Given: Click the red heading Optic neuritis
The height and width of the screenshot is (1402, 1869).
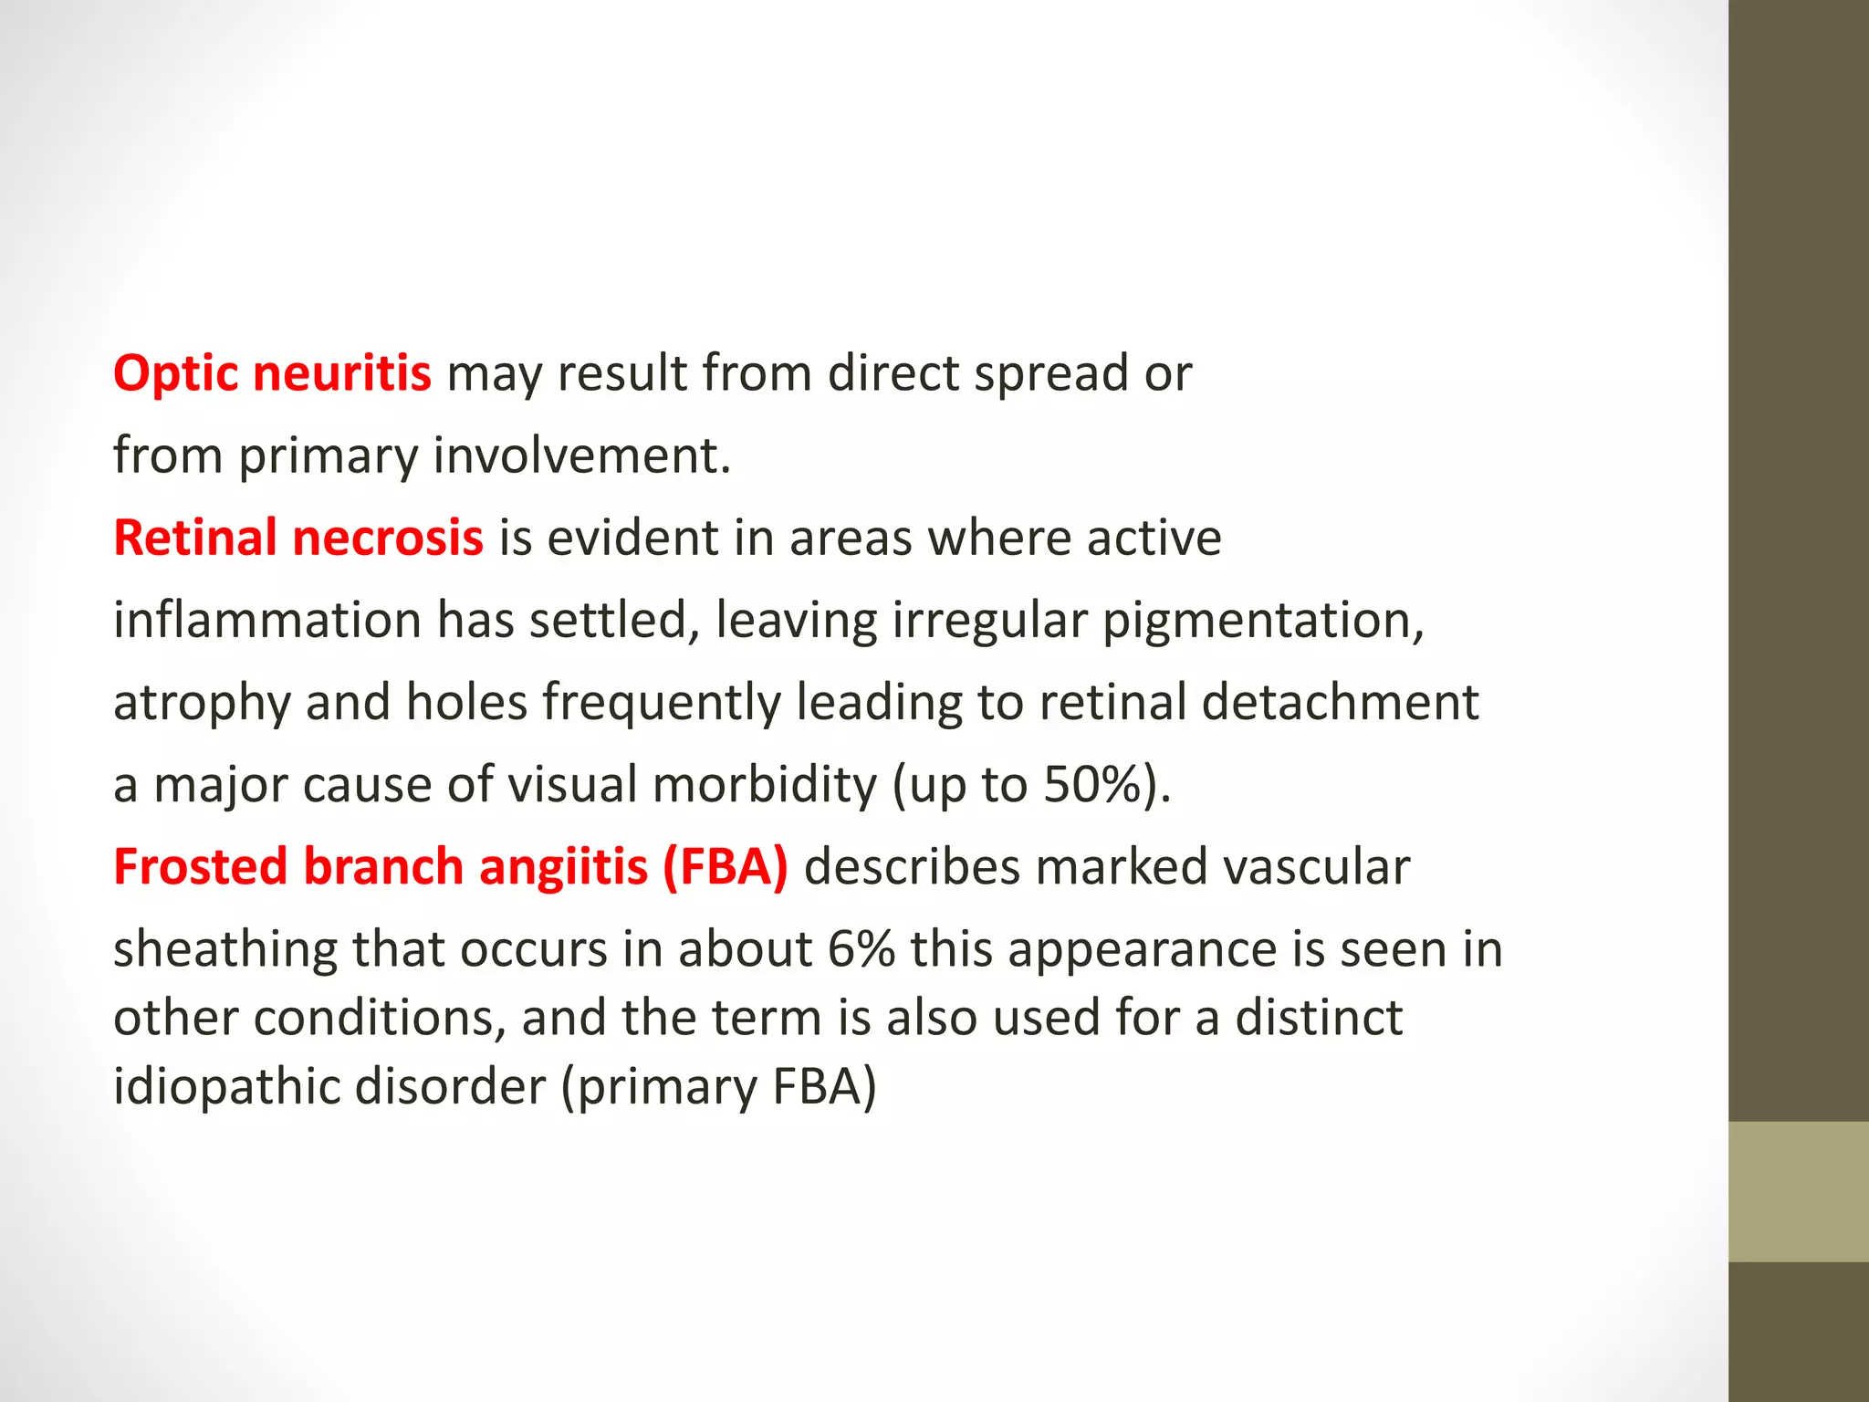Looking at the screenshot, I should (272, 373).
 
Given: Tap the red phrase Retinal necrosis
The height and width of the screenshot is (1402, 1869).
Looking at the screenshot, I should (298, 537).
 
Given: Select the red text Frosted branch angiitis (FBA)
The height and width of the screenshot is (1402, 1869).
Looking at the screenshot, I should (451, 866).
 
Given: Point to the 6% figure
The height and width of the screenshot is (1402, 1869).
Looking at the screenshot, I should (861, 949).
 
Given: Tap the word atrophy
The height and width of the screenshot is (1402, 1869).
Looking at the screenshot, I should (201, 703).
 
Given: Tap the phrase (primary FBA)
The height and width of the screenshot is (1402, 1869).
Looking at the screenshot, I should (719, 1086).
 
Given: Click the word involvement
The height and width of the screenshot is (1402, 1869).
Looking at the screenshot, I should (581, 455).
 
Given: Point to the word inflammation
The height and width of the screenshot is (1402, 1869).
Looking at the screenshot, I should (266, 621).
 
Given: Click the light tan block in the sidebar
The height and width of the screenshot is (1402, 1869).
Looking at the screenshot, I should (1798, 1191).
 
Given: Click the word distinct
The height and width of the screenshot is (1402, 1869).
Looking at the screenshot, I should (1318, 1018).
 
